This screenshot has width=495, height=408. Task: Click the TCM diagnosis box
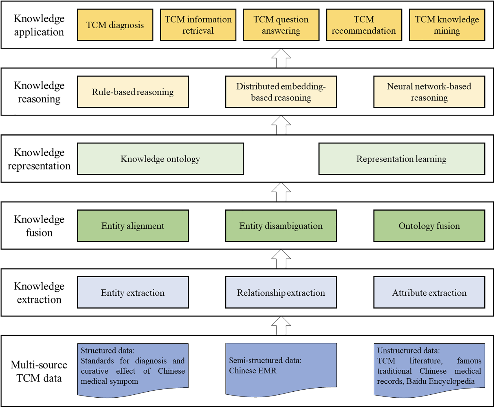115,25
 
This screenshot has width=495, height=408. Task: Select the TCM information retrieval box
198,25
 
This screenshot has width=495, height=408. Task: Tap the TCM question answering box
281,25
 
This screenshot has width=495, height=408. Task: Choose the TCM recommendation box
364,25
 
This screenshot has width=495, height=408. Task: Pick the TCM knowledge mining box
447,25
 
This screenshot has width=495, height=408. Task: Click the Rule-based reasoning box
133,92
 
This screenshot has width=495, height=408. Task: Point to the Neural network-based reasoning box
429,92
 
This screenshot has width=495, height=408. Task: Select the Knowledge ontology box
160,159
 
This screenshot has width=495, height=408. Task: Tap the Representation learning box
402,159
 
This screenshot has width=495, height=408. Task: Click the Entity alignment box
133,226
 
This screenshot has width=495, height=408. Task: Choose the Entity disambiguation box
281,226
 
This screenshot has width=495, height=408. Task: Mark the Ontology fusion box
429,226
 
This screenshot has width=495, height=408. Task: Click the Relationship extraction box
281,293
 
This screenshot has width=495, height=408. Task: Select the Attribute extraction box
429,293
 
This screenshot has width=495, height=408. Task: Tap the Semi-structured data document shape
281,367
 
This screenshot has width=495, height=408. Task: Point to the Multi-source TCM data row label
39,371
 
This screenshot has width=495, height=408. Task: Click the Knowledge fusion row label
39,226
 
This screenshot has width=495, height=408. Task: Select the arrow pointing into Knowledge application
281,58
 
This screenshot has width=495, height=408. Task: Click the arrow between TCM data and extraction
281,326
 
